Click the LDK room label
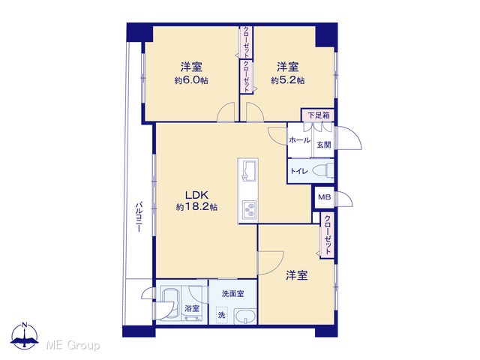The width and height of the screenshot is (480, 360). click(x=196, y=195)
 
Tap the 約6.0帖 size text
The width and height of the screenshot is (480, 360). click(x=191, y=80)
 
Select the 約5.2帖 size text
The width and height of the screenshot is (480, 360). click(x=287, y=80)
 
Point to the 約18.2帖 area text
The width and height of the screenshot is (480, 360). click(x=196, y=207)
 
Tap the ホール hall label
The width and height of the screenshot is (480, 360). click(x=300, y=140)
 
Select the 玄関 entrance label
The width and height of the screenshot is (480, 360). click(x=324, y=145)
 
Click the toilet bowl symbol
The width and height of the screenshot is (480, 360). click(x=324, y=170)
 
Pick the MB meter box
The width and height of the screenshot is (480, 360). click(x=325, y=197)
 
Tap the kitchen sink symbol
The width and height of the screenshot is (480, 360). click(x=248, y=170)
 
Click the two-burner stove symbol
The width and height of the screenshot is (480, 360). click(x=250, y=210)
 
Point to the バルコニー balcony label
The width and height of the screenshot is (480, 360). click(x=139, y=217)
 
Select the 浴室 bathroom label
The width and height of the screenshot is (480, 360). click(x=192, y=308)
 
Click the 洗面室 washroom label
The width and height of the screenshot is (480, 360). click(x=233, y=293)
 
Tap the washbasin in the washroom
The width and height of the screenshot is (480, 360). click(x=245, y=316)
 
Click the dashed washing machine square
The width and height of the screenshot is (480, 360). click(x=222, y=313)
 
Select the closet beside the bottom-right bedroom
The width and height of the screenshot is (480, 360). click(x=327, y=235)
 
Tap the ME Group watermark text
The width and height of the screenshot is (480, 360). click(x=73, y=345)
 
